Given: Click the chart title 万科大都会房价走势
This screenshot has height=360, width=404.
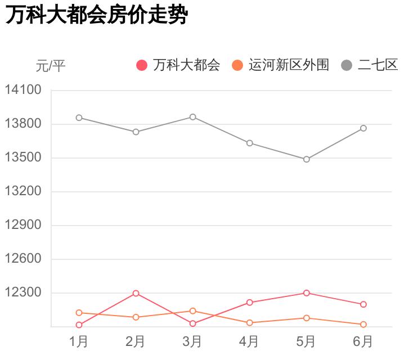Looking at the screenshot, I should pyautogui.click(x=96, y=15).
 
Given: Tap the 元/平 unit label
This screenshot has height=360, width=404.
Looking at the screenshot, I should pyautogui.click(x=51, y=66).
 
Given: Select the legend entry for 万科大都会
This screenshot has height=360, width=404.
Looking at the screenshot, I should pyautogui.click(x=179, y=65).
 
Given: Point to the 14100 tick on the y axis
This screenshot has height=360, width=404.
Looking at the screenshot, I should pyautogui.click(x=23, y=90).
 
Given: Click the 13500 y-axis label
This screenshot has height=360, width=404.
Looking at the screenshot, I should pyautogui.click(x=23, y=157).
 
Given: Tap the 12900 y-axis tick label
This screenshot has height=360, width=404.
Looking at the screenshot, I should pyautogui.click(x=23, y=225).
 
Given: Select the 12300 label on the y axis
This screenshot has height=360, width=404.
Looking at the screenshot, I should pyautogui.click(x=23, y=292).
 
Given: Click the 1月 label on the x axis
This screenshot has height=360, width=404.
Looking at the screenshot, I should pyautogui.click(x=79, y=341).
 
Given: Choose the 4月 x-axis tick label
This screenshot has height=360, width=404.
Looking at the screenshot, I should pyautogui.click(x=249, y=341).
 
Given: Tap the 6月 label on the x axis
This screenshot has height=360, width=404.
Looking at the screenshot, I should pyautogui.click(x=363, y=341).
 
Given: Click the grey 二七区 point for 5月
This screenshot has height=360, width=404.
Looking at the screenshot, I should pyautogui.click(x=307, y=159).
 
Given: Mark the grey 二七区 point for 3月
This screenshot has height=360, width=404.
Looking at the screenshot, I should pyautogui.click(x=193, y=117).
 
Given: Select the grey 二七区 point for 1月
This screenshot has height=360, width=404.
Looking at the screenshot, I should pyautogui.click(x=79, y=118).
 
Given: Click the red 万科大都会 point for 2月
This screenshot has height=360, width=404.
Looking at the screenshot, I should pyautogui.click(x=136, y=294).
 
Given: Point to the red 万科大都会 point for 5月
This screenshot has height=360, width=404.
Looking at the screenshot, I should pyautogui.click(x=307, y=293).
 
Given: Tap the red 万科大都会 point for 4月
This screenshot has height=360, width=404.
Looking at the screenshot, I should pyautogui.click(x=250, y=303).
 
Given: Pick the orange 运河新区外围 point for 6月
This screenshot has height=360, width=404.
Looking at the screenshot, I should pyautogui.click(x=363, y=325).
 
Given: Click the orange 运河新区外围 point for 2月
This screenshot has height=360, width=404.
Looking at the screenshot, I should pyautogui.click(x=136, y=317).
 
